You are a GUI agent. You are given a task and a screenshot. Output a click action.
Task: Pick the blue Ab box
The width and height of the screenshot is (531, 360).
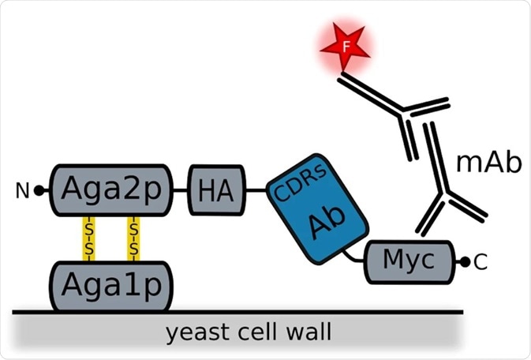(316, 209)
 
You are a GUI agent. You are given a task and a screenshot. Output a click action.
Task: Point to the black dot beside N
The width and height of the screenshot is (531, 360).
(39, 190)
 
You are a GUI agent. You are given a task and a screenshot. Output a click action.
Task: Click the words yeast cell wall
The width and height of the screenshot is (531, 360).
(248, 332)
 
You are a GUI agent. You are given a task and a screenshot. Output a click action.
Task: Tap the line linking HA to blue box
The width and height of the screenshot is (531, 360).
(256, 190)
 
